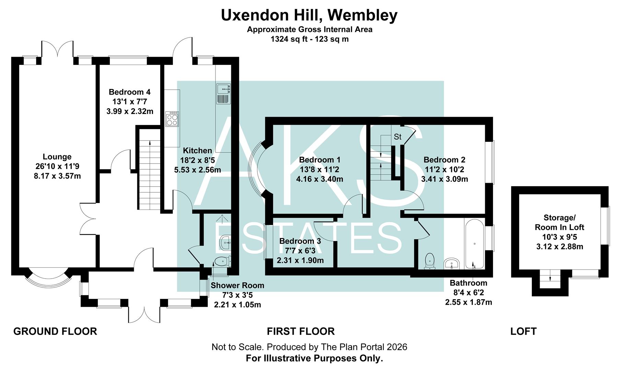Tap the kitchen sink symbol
(x=223, y=94)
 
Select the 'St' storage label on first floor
(x=397, y=137)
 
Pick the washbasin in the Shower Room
(x=225, y=243)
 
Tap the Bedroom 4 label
(x=129, y=92)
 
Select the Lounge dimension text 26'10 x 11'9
(x=57, y=166)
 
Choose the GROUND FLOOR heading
(x=55, y=331)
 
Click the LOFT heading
(x=523, y=331)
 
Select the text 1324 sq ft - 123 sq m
(x=309, y=39)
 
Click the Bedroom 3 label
(x=300, y=241)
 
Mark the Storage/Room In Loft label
(x=559, y=222)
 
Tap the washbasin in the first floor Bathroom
(x=452, y=264)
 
